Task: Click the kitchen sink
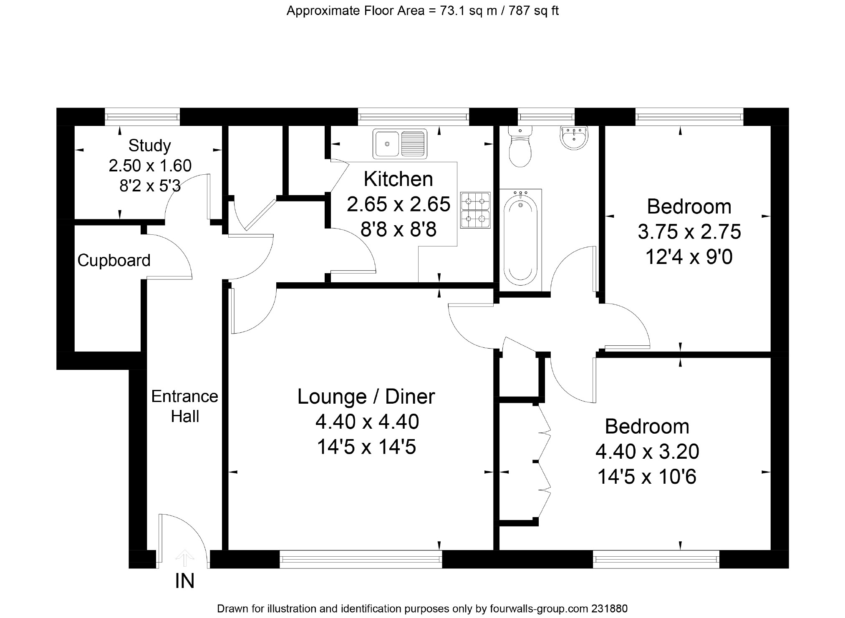[400, 144]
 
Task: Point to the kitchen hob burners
[475, 210]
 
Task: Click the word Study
[149, 146]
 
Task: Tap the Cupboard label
[114, 260]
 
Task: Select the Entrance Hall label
[184, 406]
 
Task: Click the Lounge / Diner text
[366, 396]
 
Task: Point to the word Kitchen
[399, 179]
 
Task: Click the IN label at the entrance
[184, 581]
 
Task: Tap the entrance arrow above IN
[184, 559]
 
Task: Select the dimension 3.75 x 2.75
[689, 232]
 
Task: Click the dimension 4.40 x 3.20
[647, 451]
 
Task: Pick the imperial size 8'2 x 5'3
[150, 186]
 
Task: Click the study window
[142, 117]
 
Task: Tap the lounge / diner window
[361, 559]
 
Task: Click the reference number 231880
[609, 608]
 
